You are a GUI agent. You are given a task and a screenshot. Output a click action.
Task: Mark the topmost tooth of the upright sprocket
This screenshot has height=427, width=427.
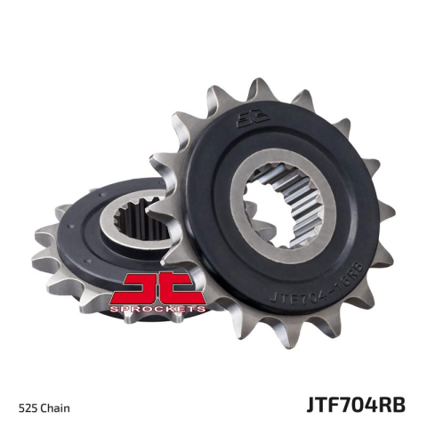point(259,88)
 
